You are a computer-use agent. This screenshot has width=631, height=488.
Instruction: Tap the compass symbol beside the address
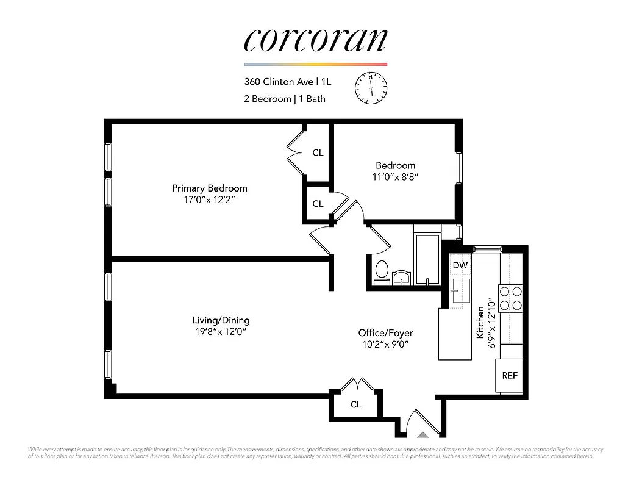tap(371, 87)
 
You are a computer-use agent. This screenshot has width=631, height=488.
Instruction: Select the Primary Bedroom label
tap(209, 188)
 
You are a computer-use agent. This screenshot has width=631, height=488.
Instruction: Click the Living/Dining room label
tap(221, 320)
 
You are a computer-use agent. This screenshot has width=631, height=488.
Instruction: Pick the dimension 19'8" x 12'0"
tap(221, 332)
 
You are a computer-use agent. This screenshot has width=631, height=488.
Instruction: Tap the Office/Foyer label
tap(385, 333)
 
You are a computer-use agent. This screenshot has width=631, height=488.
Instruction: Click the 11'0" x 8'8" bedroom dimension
tap(395, 177)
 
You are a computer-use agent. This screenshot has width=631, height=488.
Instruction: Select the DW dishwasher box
tap(460, 265)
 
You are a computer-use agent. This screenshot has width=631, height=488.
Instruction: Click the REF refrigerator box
tap(510, 376)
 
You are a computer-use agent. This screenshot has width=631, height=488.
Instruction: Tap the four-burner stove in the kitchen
tap(511, 298)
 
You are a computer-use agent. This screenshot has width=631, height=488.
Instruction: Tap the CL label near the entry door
tap(355, 404)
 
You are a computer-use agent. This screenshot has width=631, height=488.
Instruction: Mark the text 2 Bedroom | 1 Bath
tap(285, 99)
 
